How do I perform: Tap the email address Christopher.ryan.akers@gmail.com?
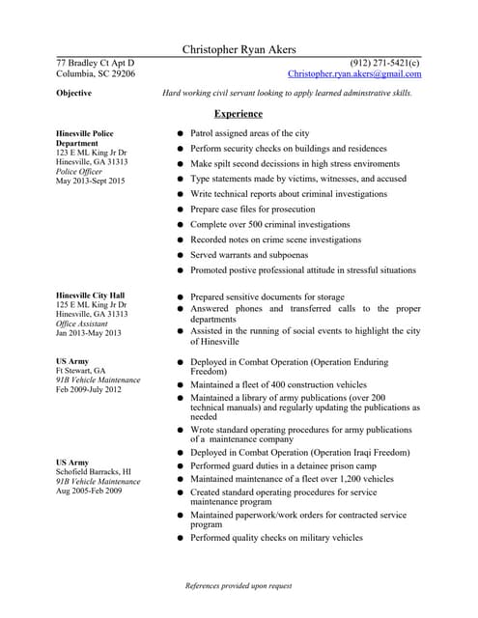(x=354, y=73)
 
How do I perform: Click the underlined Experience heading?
(x=238, y=114)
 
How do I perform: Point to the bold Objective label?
(x=74, y=94)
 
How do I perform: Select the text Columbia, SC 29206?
(x=96, y=73)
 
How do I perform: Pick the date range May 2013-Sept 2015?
(x=91, y=181)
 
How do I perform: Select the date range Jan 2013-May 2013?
(x=89, y=333)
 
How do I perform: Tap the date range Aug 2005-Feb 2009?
(x=89, y=491)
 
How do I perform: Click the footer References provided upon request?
(x=239, y=585)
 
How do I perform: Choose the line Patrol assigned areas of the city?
(x=249, y=133)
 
